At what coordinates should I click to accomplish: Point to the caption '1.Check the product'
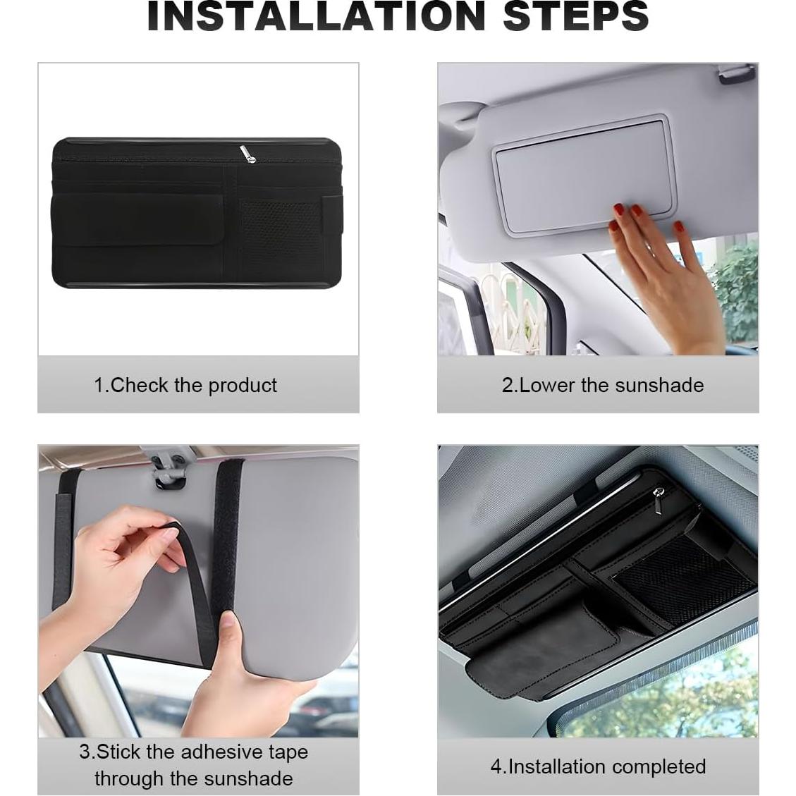[x=185, y=385]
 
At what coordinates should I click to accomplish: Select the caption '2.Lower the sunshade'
[x=602, y=385]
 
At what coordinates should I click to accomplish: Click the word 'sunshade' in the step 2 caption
[x=659, y=385]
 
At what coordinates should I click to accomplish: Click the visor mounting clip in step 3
[x=170, y=472]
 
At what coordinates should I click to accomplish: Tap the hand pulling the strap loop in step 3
[x=120, y=564]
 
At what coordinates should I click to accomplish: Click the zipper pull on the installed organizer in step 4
[x=659, y=494]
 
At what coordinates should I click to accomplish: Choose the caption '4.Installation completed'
[x=598, y=766]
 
